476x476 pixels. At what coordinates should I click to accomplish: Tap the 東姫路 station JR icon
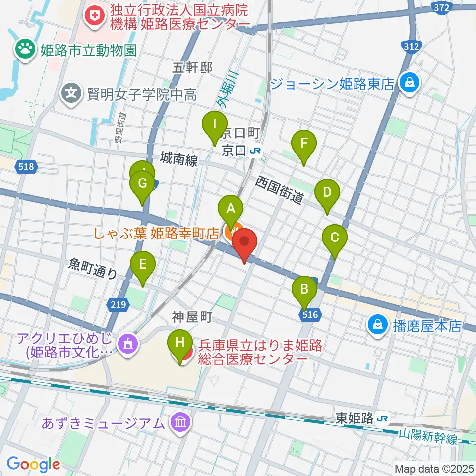coord(383,419)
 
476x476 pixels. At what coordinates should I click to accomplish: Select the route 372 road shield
coord(441,7)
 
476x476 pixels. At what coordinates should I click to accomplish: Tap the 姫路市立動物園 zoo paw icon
coord(23,50)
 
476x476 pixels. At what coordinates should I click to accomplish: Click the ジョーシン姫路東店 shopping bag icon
coord(410,82)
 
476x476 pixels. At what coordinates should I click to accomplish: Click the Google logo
coord(33,464)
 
